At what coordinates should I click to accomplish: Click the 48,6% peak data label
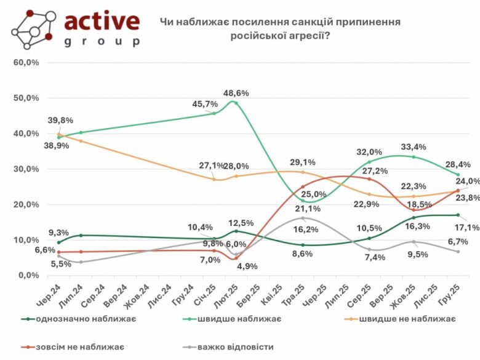236,93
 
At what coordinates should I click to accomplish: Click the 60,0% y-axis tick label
26,63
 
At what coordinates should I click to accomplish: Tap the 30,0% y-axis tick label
26,169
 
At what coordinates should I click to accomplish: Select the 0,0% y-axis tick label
28,275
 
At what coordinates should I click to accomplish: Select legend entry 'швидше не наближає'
407,318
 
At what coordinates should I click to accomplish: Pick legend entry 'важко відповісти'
236,346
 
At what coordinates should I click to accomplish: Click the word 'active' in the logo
102,22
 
